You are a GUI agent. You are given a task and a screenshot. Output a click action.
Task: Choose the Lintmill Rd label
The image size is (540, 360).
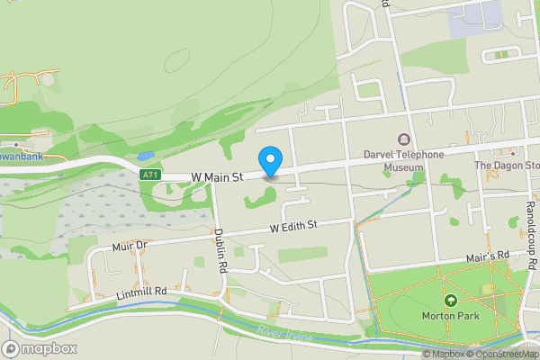click(x=142, y=292)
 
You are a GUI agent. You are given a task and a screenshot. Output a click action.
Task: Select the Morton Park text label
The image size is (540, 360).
click(x=449, y=316)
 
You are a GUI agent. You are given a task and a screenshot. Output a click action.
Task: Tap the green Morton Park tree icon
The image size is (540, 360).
click(x=449, y=300)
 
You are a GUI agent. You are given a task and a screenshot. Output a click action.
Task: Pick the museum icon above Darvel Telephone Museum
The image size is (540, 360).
click(x=403, y=139)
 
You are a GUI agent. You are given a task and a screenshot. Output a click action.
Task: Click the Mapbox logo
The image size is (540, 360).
click(x=39, y=348)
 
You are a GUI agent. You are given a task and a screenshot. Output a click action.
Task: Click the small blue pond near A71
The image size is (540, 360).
click(x=145, y=155)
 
